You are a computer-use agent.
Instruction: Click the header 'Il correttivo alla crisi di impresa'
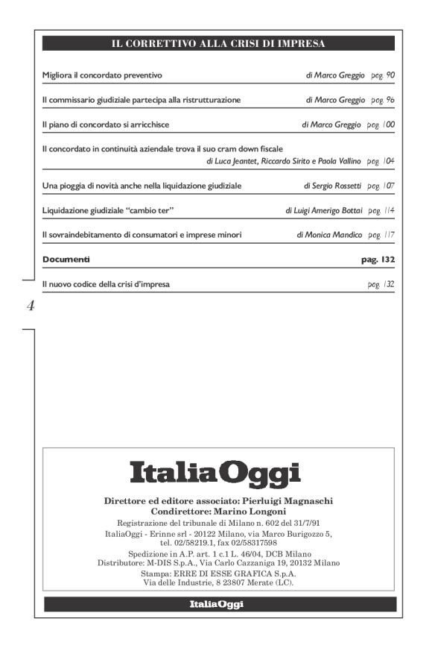tap(218, 44)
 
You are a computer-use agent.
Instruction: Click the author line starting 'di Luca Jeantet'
tap(283, 161)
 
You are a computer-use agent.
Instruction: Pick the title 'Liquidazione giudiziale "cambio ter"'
tap(108, 210)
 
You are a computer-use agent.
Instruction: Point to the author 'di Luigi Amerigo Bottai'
tap(324, 210)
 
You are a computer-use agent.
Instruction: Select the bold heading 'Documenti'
tap(66, 260)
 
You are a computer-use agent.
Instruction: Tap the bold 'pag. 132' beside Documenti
tap(378, 260)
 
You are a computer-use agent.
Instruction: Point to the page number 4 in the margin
tap(30, 306)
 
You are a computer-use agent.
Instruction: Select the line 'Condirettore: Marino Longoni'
tap(215, 512)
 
